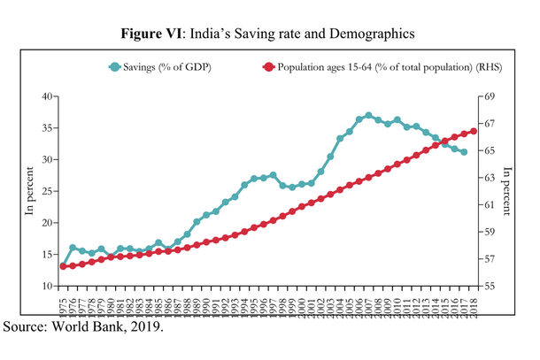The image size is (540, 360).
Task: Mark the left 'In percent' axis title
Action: click(x=28, y=191)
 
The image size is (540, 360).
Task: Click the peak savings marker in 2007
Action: click(x=368, y=115)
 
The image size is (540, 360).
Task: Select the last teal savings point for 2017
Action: click(x=464, y=151)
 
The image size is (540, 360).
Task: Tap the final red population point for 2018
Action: click(x=474, y=131)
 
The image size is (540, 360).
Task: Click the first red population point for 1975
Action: click(x=63, y=266)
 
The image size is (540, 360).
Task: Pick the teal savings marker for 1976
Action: click(x=73, y=248)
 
